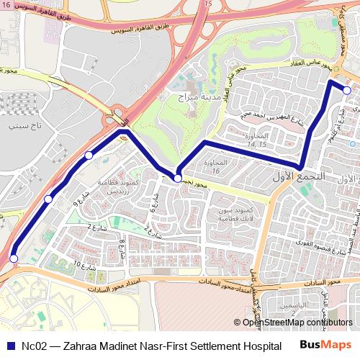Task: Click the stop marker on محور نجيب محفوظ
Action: pyautogui.click(x=177, y=178)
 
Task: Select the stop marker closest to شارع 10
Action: pyautogui.click(x=14, y=258)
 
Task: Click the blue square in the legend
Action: pyautogui.click(x=11, y=345)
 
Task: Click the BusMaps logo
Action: pyautogui.click(x=326, y=344)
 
